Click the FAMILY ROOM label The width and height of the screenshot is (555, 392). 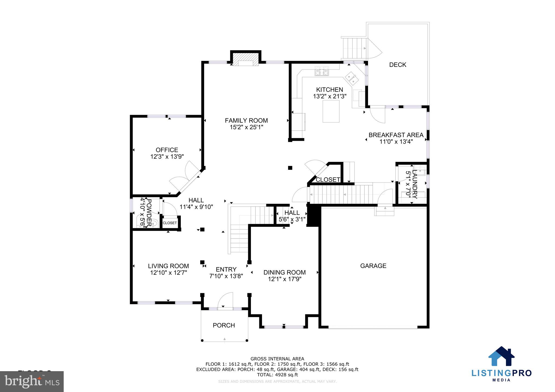246,120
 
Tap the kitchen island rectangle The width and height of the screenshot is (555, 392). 331,111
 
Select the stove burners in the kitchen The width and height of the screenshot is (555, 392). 322,71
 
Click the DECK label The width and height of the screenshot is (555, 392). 398,65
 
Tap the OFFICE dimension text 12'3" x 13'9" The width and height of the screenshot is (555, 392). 167,156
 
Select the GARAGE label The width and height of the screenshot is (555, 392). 373,266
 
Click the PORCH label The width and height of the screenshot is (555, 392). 224,325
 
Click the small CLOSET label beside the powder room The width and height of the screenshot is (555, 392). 170,223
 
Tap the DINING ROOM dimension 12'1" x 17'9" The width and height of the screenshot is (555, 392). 285,279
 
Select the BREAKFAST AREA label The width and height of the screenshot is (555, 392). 396,135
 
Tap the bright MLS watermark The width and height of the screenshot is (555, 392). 32,381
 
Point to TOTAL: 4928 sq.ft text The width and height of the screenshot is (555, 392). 277,375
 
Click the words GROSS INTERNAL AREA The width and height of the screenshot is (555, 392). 277,359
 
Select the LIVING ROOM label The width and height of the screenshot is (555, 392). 168,266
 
